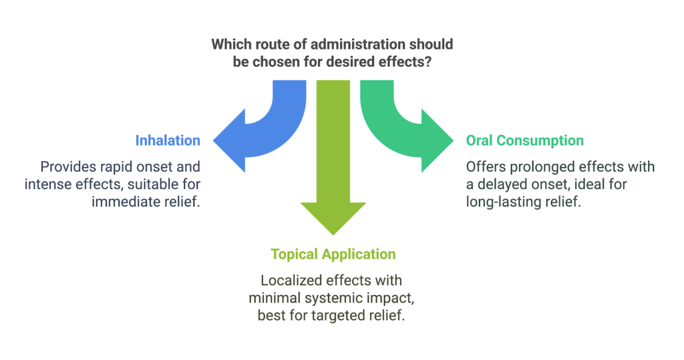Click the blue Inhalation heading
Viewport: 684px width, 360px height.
(168, 141)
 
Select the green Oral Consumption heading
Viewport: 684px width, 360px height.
(525, 141)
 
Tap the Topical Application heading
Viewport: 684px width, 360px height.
(333, 254)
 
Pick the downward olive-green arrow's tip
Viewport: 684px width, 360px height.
(333, 234)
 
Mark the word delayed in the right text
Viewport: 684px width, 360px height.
(498, 184)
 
